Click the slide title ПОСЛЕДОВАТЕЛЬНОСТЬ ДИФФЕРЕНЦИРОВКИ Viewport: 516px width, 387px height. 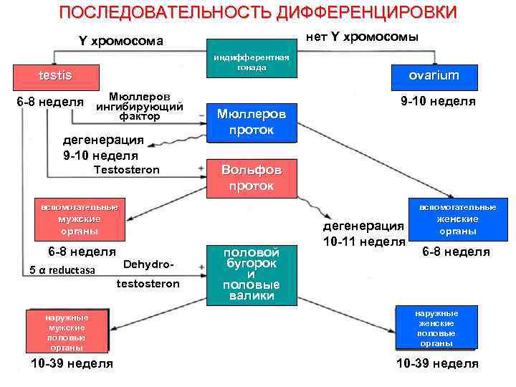pos(257,13)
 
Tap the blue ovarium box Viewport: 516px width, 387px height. pos(434,75)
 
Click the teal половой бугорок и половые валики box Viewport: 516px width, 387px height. pos(250,274)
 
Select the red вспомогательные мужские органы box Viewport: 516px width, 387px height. pos(79,219)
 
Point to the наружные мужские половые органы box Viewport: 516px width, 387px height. pos(67,331)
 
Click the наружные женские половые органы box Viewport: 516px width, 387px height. pos(436,328)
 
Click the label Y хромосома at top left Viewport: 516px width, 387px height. pos(120,41)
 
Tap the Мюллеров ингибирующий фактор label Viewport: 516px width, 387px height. pos(139,105)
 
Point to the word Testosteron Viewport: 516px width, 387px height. pos(128,170)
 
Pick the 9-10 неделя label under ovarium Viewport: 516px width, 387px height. pos(438,101)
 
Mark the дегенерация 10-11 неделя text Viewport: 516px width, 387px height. pos(363,234)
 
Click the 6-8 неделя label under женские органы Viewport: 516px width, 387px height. pos(456,252)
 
